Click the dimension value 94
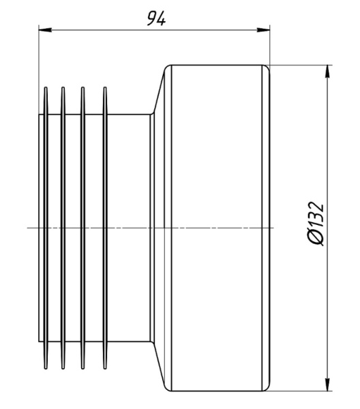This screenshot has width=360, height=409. coord(156,19)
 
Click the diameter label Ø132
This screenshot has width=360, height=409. coord(316,224)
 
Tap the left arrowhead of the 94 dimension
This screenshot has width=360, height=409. coord(45,30)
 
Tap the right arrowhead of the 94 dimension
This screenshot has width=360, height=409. coord(263,30)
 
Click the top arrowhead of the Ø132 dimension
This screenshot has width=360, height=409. coord(328,71)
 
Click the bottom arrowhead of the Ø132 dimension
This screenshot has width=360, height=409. coord(328,384)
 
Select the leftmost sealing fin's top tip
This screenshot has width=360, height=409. coord(46,88)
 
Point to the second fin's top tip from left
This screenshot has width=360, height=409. coord(63,88)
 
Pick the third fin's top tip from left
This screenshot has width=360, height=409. coord(82,88)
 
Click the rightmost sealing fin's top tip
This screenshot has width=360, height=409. coord(105,88)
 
